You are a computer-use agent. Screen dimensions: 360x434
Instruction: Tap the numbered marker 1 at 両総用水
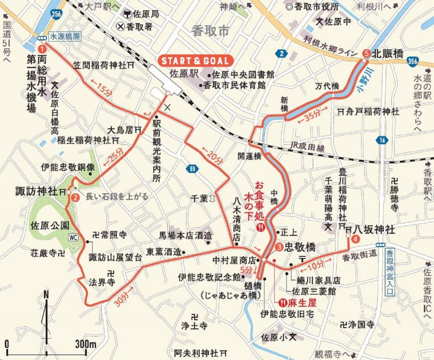[42, 49]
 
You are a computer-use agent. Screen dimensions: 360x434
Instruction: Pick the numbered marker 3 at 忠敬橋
[279, 248]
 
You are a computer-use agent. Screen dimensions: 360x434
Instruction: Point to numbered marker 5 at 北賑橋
[366, 53]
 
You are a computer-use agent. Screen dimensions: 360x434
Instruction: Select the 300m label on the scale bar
[84, 345]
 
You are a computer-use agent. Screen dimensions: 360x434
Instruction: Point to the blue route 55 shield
[192, 168]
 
